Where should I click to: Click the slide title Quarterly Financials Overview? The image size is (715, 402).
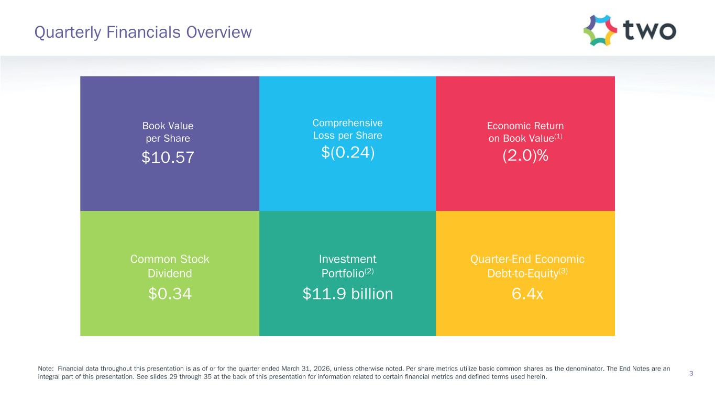click(143, 32)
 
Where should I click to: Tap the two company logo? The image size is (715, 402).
click(630, 30)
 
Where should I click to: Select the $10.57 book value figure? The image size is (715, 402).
click(168, 157)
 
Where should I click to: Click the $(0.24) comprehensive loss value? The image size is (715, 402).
click(347, 153)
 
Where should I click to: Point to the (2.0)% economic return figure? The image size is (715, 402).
click(525, 155)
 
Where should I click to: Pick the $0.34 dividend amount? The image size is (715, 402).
click(170, 294)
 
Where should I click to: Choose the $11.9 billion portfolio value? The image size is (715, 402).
click(347, 294)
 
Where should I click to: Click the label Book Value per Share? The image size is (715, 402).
click(168, 132)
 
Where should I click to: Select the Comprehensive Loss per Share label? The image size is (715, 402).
click(347, 129)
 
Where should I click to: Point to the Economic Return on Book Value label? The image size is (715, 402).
click(525, 132)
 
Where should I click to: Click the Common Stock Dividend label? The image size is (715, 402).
click(169, 266)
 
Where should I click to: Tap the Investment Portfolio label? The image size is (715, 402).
click(347, 266)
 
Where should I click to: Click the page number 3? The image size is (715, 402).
click(691, 373)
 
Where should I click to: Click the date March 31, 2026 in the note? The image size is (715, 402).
click(310, 368)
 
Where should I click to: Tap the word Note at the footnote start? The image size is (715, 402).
click(46, 368)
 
